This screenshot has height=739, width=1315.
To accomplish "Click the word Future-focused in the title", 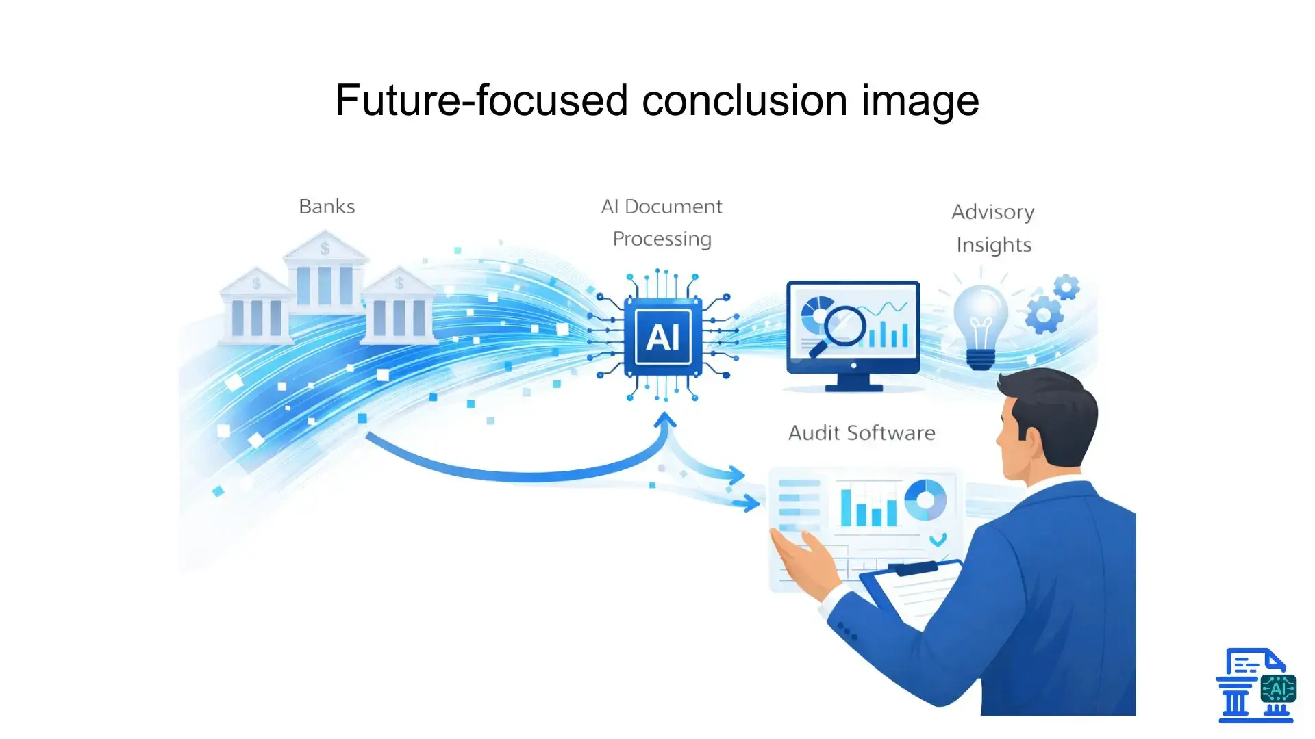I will tap(481, 101).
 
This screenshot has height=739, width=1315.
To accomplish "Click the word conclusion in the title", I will tap(745, 101).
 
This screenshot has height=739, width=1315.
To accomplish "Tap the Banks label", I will tap(327, 207).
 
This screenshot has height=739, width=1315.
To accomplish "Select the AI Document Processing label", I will tap(662, 222).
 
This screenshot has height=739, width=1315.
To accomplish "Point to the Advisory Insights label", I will tap(993, 228).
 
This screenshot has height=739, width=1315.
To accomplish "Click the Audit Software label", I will tap(862, 433).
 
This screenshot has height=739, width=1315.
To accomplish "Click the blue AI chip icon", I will tap(662, 337).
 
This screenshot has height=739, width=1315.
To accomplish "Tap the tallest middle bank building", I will tap(325, 274).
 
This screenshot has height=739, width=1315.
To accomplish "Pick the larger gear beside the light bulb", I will tap(1043, 315).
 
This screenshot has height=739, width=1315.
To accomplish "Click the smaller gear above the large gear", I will tap(1066, 287).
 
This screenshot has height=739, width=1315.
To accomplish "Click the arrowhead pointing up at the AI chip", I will tap(664, 419).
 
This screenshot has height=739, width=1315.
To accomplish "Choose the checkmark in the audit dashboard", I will tap(938, 540).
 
